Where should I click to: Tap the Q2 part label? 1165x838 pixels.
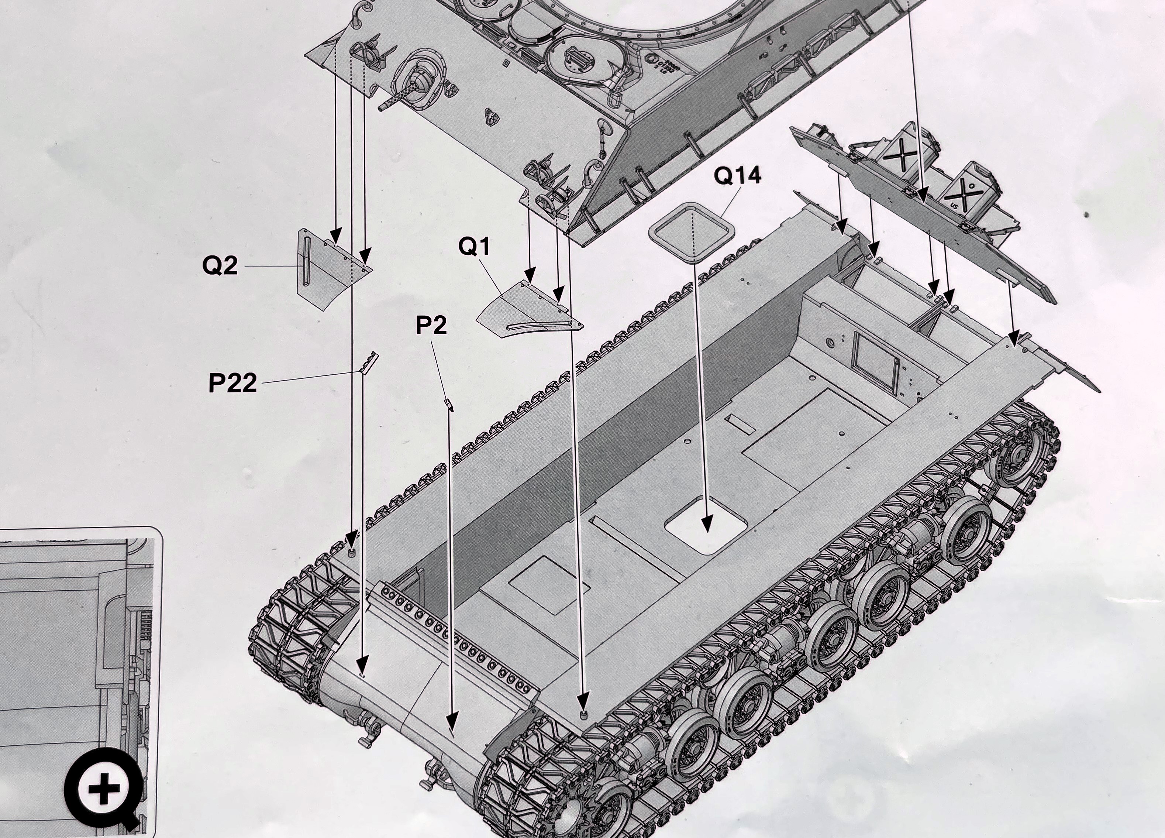[x=220, y=266]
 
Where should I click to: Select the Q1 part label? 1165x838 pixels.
[x=474, y=247]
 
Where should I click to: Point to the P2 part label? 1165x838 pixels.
[x=431, y=325]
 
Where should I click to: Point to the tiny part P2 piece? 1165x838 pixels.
[x=449, y=405]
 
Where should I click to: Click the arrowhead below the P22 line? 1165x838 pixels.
[x=363, y=663]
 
